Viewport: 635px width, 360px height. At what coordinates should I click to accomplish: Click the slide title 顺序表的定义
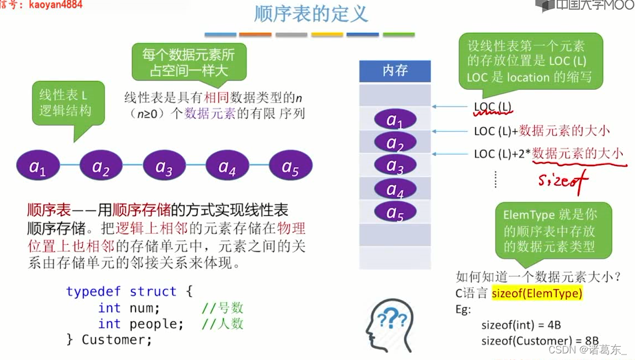[x=311, y=13]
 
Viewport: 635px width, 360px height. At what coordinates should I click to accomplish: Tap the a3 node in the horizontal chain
[x=164, y=166]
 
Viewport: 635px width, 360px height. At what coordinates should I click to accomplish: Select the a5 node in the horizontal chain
[x=290, y=166]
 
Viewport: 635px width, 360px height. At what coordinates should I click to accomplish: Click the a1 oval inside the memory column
[x=395, y=120]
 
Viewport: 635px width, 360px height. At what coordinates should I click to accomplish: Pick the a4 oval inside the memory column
[x=395, y=189]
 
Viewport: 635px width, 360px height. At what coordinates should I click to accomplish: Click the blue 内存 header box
[x=395, y=71]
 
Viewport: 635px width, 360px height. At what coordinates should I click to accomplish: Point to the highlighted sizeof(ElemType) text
[x=537, y=293]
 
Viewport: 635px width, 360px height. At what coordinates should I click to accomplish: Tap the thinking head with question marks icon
[x=389, y=325]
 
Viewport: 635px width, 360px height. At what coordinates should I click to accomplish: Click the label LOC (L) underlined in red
[x=492, y=106]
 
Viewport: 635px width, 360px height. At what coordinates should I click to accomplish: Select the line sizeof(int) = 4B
[x=520, y=325]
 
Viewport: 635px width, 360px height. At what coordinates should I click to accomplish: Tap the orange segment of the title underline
[x=255, y=35]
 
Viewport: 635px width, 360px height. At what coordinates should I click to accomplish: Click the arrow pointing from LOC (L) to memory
[x=451, y=107]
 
